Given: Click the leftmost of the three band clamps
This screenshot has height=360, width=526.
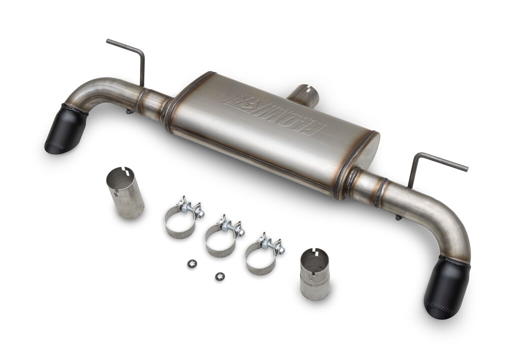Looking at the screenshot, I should [x=181, y=220].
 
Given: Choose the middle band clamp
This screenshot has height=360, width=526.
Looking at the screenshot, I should [x=221, y=237].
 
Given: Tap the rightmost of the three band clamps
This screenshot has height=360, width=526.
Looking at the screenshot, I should [x=261, y=255].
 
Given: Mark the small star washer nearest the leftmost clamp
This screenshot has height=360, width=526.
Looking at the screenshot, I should [x=192, y=264].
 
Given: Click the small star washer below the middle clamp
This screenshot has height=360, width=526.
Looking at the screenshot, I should [x=219, y=276].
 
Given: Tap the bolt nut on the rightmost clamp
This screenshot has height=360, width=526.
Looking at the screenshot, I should [x=280, y=248].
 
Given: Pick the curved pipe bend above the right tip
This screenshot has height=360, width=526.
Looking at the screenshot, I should [x=452, y=230].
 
